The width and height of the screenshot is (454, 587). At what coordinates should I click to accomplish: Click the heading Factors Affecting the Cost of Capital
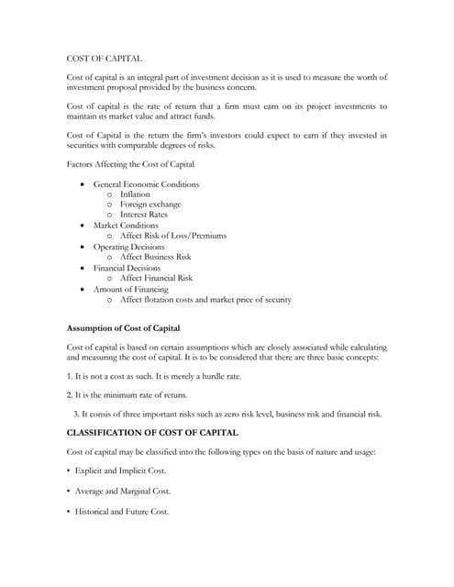pyautogui.click(x=131, y=164)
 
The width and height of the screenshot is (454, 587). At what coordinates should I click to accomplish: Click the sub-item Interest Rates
pyautogui.click(x=144, y=215)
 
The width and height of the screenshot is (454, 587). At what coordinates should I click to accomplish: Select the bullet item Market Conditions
pyautogui.click(x=126, y=225)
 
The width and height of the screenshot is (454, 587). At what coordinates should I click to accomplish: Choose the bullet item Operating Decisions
pyautogui.click(x=129, y=247)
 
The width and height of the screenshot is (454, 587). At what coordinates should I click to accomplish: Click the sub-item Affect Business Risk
pyautogui.click(x=155, y=257)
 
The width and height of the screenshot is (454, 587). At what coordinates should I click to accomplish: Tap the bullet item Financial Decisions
pyautogui.click(x=127, y=268)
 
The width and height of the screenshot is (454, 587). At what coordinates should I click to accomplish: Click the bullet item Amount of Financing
pyautogui.click(x=131, y=289)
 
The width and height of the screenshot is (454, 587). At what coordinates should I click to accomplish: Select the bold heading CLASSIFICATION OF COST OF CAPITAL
pyautogui.click(x=153, y=432)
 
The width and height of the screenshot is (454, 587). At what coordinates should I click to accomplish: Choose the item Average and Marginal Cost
pyautogui.click(x=123, y=491)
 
